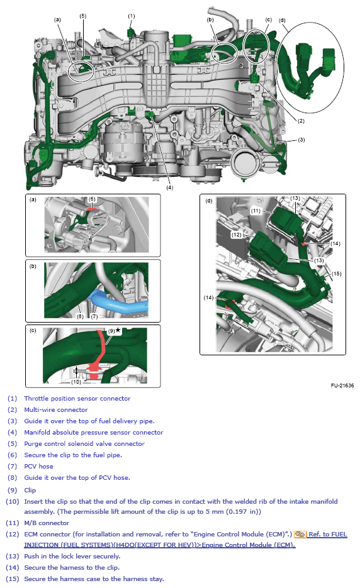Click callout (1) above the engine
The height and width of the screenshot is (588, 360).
point(132,15)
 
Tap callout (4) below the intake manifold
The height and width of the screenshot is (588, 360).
point(169,187)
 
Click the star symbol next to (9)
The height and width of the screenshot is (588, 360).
point(118,330)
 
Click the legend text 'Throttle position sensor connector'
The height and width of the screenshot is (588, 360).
point(77,398)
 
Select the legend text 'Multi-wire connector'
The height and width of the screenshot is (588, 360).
point(56,409)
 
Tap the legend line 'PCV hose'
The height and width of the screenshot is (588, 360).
point(39,466)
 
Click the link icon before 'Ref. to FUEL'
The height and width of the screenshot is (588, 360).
point(300,535)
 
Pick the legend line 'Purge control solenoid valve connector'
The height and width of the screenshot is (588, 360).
point(84,443)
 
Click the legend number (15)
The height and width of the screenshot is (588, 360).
point(13,579)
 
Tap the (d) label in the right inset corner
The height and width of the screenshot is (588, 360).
point(208,201)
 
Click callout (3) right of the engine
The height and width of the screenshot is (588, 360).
point(301,140)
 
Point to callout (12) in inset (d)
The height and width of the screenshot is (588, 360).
point(236,235)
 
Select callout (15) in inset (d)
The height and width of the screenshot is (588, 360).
point(337,274)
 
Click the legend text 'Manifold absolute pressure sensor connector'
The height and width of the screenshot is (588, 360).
point(94,432)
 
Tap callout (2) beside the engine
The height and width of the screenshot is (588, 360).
point(301,121)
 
